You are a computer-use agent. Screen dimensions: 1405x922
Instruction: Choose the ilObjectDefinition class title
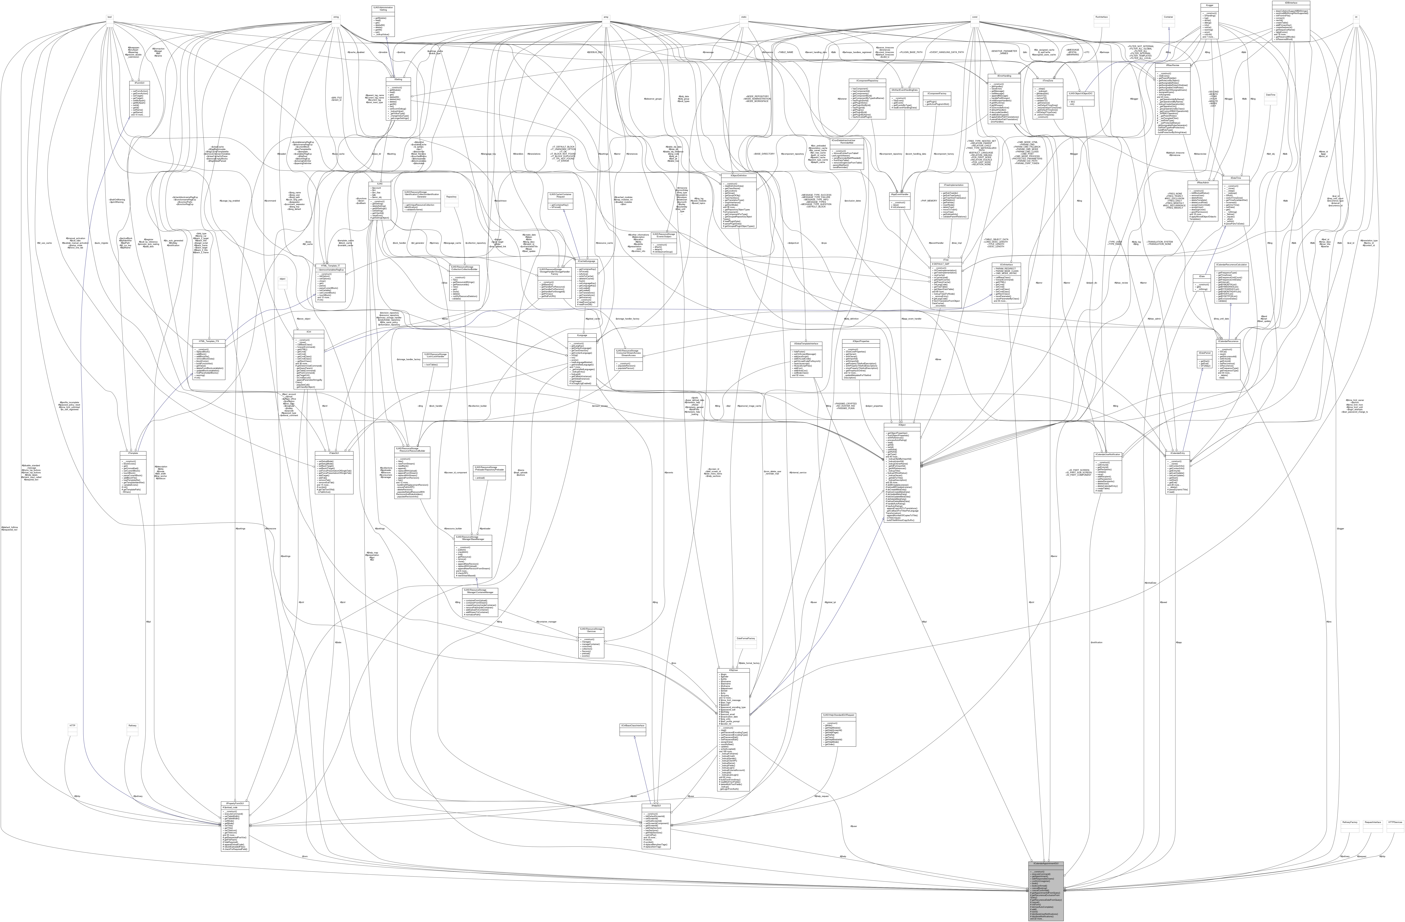click(x=738, y=175)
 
